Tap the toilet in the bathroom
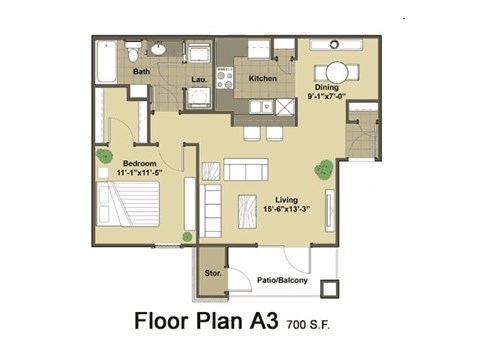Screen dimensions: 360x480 click(x=134, y=53)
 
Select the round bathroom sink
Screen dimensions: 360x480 click(x=159, y=48)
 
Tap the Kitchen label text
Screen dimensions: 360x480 click(x=262, y=77)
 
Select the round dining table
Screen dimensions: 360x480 click(x=334, y=71)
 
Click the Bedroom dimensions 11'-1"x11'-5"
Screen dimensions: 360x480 click(x=137, y=172)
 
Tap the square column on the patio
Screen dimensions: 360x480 click(x=327, y=287)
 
